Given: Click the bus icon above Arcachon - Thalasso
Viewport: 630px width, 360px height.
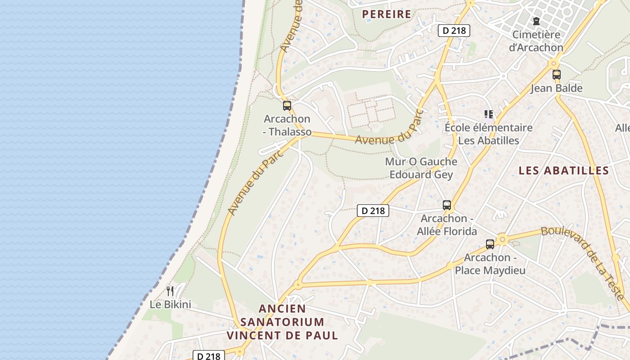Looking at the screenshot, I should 287,106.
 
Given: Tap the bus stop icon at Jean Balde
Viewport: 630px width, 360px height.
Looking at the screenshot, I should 557,75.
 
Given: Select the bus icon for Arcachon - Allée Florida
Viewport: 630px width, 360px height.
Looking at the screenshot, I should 447,205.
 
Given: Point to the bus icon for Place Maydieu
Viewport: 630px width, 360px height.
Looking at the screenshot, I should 490,244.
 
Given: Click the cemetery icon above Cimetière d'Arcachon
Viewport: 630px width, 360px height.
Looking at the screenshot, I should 536,21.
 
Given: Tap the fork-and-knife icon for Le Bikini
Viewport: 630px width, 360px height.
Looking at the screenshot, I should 170,291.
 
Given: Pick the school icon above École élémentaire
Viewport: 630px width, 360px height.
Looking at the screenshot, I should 488,114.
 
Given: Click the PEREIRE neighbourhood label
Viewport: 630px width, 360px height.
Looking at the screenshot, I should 387,14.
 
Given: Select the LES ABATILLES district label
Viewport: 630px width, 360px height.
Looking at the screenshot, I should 563,171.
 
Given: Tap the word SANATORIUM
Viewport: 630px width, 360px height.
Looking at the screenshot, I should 282,322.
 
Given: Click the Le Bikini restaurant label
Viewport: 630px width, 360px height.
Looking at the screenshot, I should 171,304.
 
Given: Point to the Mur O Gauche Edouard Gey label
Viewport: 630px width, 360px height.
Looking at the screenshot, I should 421,168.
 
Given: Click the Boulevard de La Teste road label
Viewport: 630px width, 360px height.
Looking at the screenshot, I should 583,261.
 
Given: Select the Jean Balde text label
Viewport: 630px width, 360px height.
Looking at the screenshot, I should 557,88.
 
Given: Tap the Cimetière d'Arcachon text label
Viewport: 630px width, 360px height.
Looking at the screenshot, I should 536,41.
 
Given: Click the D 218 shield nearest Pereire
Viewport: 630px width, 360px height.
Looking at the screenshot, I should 454,31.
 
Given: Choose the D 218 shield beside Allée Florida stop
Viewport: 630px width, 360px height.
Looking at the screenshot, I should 373,210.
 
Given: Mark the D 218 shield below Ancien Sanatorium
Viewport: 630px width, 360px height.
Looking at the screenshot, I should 209,356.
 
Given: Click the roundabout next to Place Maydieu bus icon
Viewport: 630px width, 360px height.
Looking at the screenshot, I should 502,239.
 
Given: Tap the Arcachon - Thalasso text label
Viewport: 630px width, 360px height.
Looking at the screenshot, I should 287,125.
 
